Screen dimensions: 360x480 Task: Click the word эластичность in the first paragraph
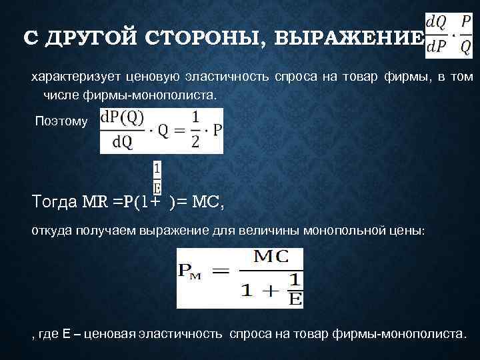[235, 78]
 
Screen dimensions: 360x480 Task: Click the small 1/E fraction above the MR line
[157, 178]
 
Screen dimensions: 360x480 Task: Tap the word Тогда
[55, 201]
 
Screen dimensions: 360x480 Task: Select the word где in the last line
[49, 333]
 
